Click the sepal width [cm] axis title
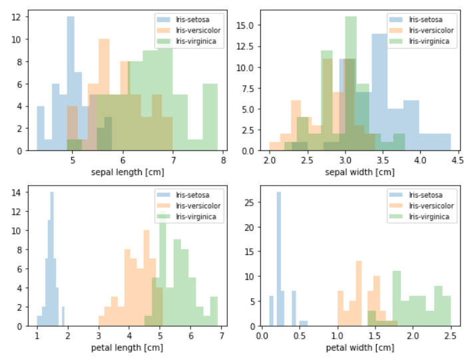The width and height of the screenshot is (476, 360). (x=360, y=172)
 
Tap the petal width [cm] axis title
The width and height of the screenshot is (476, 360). (x=359, y=348)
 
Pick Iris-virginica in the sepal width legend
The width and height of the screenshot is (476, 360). (x=429, y=41)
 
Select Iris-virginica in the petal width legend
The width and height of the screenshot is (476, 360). (x=429, y=217)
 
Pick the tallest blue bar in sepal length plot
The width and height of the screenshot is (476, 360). (x=71, y=83)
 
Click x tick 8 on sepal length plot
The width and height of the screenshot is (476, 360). (x=223, y=160)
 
